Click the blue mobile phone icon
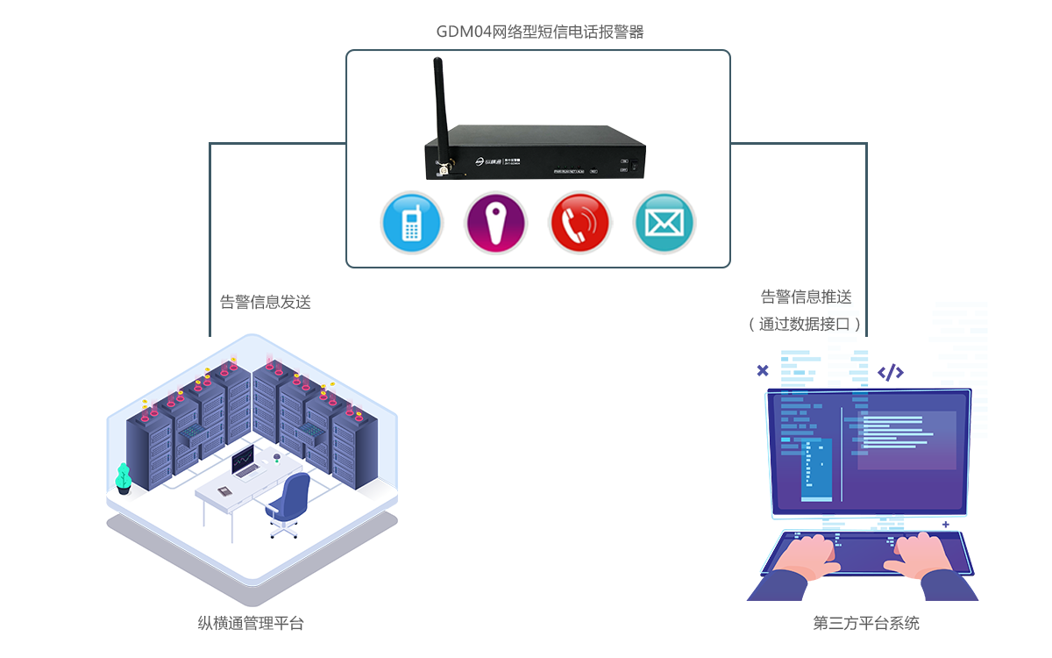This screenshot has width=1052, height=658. pyautogui.click(x=411, y=223)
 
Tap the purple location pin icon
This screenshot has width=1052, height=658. pyautogui.click(x=495, y=223)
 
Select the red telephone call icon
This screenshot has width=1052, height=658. pyautogui.click(x=579, y=223)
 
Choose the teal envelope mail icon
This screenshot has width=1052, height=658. pyautogui.click(x=664, y=223)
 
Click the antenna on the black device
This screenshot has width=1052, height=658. pyautogui.click(x=441, y=110)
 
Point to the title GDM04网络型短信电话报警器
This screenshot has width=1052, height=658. pyautogui.click(x=540, y=32)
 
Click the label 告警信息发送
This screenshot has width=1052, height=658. pyautogui.click(x=266, y=302)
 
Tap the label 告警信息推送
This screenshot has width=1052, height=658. pyautogui.click(x=807, y=297)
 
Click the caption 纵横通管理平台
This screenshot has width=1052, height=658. pyautogui.click(x=251, y=624)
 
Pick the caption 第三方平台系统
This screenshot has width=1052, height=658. pyautogui.click(x=866, y=624)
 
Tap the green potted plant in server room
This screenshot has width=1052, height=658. pyautogui.click(x=124, y=477)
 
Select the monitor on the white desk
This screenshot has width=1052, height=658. pyautogui.click(x=243, y=459)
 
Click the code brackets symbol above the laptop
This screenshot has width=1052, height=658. pyautogui.click(x=891, y=372)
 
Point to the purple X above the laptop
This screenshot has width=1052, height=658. pyautogui.click(x=763, y=371)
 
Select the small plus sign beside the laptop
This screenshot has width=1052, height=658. pyautogui.click(x=945, y=525)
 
